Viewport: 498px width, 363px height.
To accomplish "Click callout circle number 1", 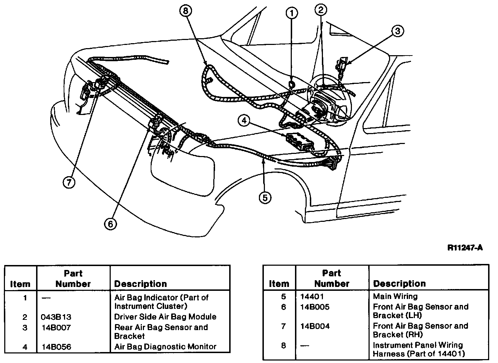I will point(291,13).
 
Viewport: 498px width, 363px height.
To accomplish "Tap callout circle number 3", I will point(397,31).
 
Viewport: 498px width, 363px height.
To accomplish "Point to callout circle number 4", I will point(244,121).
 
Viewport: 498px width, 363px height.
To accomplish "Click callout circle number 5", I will point(265,197).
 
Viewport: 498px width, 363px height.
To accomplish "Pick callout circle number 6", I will point(110,223).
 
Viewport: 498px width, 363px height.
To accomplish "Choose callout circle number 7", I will point(69,182).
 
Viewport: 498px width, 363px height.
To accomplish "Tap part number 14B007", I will point(56,328).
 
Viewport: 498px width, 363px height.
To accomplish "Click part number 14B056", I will point(56,347).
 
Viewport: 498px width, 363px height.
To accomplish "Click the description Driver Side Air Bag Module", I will point(165,317).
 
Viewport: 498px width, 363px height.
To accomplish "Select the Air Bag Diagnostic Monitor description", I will point(165,347).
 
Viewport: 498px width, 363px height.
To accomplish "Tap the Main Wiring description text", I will point(395,296).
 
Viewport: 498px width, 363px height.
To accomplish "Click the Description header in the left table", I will point(140,284).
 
